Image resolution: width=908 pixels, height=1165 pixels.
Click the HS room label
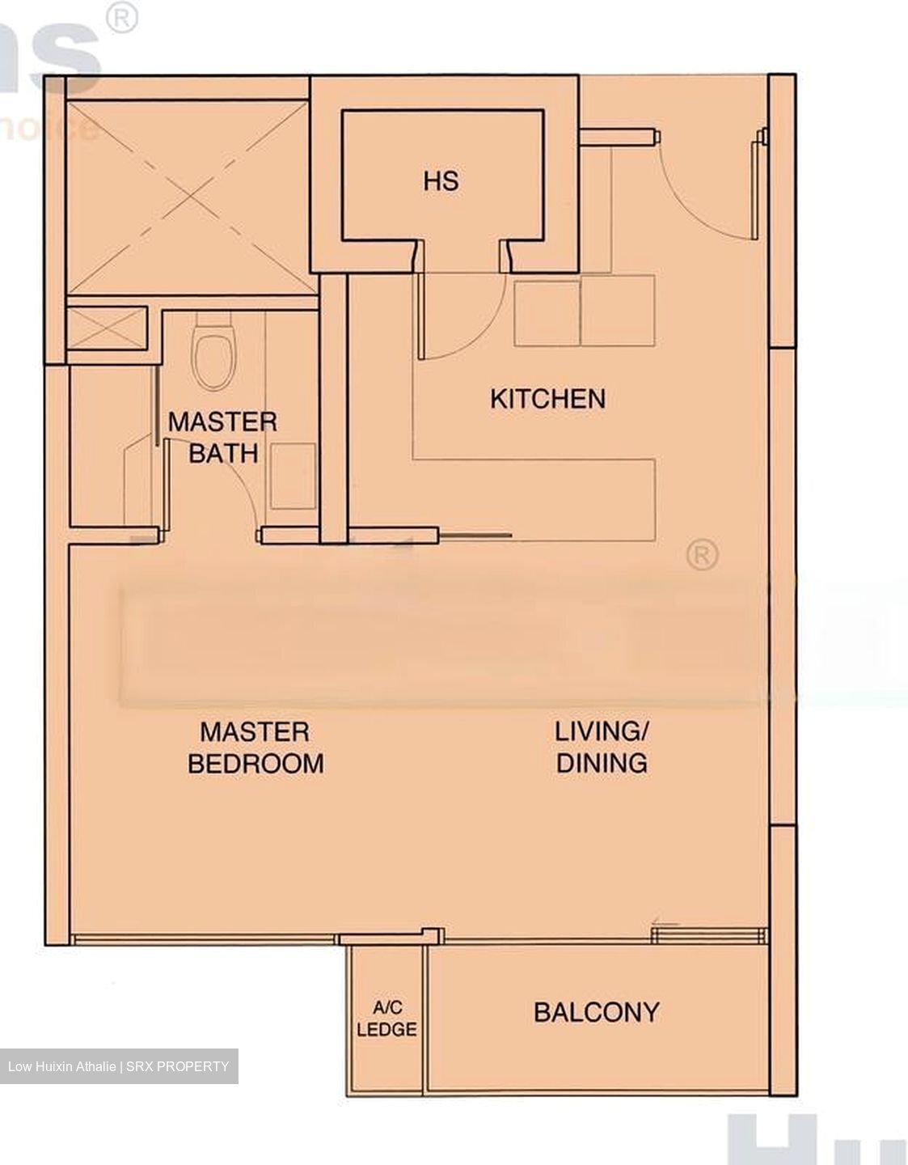[441, 180]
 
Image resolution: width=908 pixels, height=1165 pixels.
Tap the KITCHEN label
[547, 399]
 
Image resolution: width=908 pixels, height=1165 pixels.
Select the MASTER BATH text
[222, 437]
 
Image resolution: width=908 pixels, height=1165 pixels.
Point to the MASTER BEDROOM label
[255, 748]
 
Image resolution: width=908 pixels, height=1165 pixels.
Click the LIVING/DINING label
[601, 747]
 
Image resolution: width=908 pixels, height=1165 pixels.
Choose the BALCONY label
[596, 1012]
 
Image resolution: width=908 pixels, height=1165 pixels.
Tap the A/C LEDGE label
[386, 1019]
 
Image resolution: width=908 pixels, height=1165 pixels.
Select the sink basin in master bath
[292, 477]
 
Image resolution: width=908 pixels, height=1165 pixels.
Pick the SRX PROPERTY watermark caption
[119, 1066]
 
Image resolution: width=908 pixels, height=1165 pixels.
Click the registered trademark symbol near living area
[702, 556]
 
